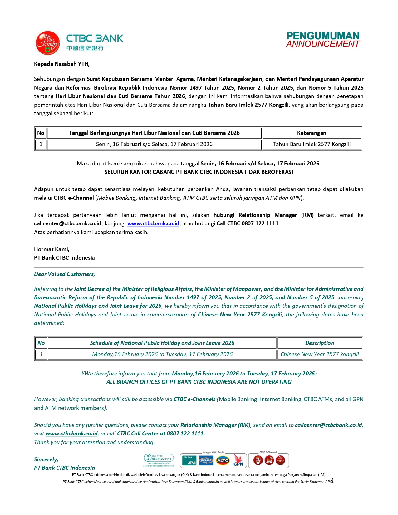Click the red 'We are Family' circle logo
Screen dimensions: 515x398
tap(47, 43)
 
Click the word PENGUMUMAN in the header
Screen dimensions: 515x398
tap(323, 36)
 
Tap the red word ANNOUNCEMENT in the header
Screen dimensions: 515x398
tap(323, 44)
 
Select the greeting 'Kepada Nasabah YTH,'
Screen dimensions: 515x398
tap(62, 64)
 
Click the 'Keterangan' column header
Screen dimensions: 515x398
tap(312, 133)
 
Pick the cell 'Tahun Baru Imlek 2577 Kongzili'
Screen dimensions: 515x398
tap(312, 144)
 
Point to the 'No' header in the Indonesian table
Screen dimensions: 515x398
tap(41, 133)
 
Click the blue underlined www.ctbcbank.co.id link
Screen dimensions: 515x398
tap(153, 223)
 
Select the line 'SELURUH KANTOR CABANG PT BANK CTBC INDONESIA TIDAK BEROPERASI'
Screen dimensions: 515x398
tap(199, 172)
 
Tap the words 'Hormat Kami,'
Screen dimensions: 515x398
tap(52, 249)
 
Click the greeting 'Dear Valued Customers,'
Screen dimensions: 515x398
tap(65, 274)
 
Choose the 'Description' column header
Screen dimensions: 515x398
tap(319, 343)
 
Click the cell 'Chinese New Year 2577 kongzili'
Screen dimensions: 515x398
tap(319, 354)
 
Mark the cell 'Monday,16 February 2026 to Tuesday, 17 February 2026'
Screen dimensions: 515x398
tap(162, 354)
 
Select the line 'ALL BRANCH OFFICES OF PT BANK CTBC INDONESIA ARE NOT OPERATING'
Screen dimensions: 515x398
tap(199, 382)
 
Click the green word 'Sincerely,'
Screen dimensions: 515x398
tap(46, 459)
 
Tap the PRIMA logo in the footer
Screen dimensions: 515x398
tap(206, 460)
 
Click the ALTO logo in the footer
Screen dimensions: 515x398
tap(223, 460)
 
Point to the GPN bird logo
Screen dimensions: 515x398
tap(238, 460)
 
